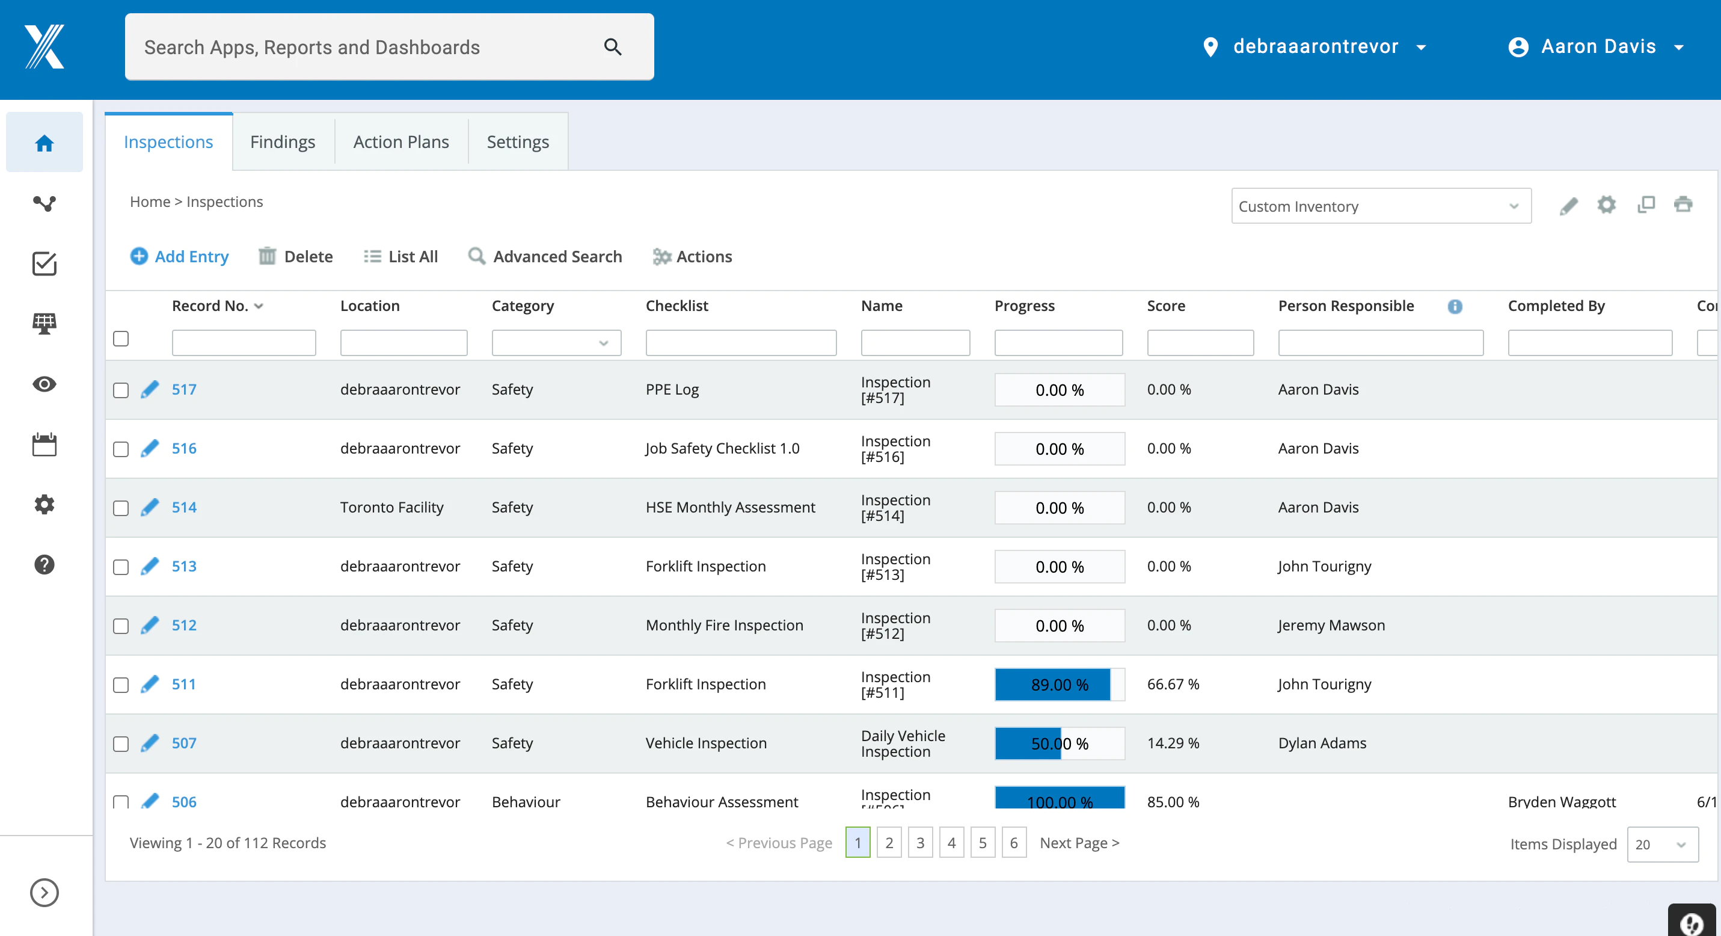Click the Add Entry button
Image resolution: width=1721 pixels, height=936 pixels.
[x=179, y=256]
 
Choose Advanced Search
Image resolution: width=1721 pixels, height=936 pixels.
[x=545, y=256]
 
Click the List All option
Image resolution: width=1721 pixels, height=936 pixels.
[x=401, y=256]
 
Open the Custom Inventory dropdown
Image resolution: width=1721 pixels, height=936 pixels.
[x=1381, y=206]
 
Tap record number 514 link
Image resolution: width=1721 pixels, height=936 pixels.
[x=184, y=507]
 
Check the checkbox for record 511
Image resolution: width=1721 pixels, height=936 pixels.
[x=121, y=685]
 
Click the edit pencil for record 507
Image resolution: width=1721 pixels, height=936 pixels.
[x=150, y=743]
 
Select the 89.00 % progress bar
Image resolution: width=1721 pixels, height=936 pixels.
[x=1060, y=685]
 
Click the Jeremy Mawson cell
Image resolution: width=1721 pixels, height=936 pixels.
[x=1331, y=626]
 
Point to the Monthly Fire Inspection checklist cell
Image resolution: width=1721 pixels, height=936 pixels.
[x=724, y=626]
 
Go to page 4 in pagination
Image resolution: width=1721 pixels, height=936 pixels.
[x=951, y=843]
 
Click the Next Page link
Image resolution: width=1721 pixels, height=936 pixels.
[x=1079, y=843]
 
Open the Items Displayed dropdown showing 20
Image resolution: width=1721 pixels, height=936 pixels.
[x=1662, y=845]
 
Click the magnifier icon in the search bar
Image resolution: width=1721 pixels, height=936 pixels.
[x=613, y=47]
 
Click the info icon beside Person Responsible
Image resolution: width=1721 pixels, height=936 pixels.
[x=1455, y=306]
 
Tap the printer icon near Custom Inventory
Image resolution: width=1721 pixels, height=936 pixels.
[x=1683, y=205]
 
